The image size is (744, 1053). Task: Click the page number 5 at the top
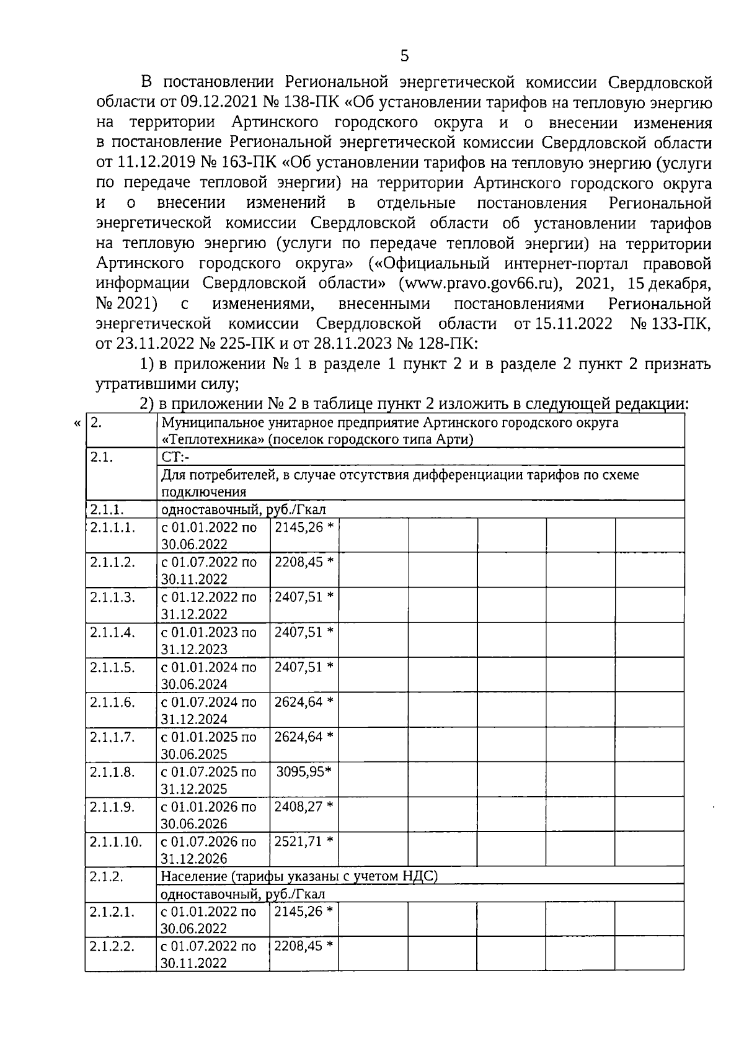coord(404,56)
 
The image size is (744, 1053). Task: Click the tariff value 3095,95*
coord(303,772)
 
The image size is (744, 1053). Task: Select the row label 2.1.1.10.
coord(116,842)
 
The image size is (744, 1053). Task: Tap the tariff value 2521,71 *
coord(304,842)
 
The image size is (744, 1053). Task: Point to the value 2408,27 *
coord(304,807)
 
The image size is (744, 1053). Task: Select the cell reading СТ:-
coord(175,457)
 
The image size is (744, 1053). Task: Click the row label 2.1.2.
coord(106,877)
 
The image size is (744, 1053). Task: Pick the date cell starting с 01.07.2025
coord(208,780)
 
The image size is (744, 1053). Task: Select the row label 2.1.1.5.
coord(112,667)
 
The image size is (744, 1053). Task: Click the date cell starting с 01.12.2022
coord(208,605)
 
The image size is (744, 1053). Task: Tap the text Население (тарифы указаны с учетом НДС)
coord(299,877)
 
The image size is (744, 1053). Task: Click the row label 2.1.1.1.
coord(112,527)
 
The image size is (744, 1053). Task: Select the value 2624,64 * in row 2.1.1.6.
coord(304,702)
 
